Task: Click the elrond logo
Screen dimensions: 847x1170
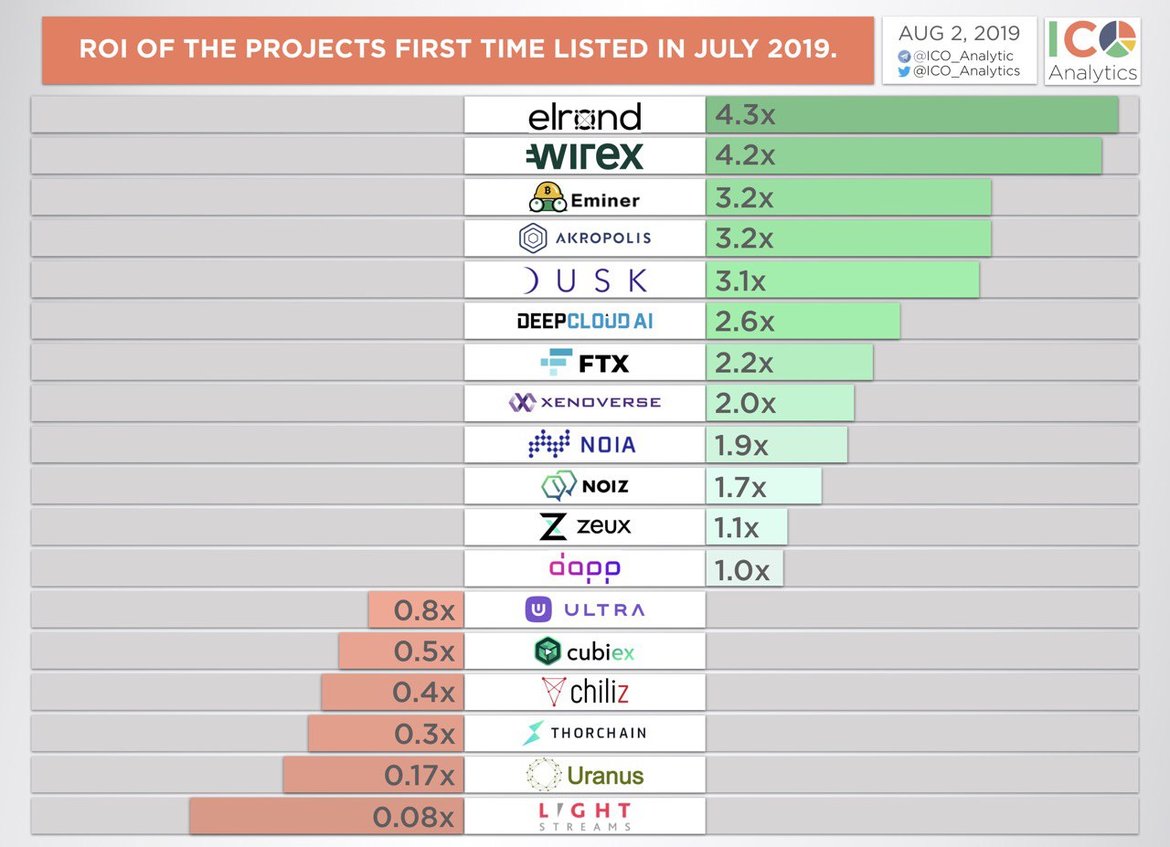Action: coord(585,116)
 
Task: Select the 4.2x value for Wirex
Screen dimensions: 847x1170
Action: coord(745,156)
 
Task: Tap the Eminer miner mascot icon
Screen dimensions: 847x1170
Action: coord(547,197)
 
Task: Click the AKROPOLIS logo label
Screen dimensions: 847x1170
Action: coord(585,238)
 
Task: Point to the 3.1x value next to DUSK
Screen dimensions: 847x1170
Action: coord(740,281)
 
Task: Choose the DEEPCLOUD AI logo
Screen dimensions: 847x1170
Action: coord(585,321)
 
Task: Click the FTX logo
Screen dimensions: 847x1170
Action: coord(585,363)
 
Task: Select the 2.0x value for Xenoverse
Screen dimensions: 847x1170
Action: coord(745,403)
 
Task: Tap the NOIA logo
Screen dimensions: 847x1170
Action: coord(582,445)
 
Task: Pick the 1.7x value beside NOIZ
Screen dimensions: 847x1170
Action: coord(740,486)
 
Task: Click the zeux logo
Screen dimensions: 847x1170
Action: coord(585,527)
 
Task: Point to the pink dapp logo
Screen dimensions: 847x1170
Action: coord(585,567)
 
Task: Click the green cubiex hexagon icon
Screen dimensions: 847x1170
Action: coord(548,651)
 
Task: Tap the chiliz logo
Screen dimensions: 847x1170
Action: coord(585,692)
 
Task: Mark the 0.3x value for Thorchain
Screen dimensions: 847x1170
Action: coord(424,734)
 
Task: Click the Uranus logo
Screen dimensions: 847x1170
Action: coord(585,776)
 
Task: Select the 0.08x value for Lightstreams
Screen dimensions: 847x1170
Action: coord(413,817)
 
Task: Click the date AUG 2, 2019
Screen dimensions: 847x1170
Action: coord(959,34)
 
